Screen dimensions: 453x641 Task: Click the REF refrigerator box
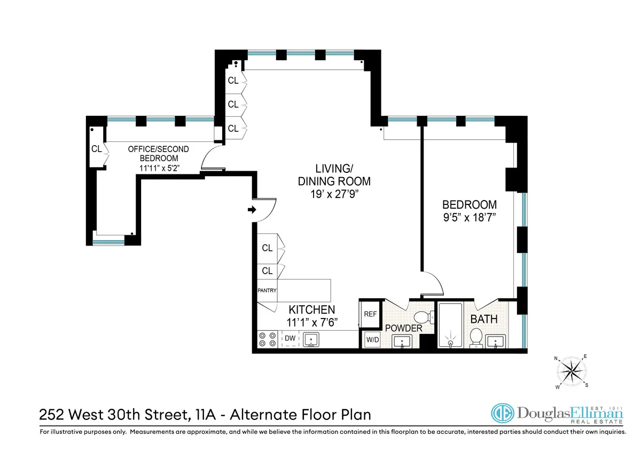[x=370, y=314]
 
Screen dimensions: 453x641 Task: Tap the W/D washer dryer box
[x=371, y=339]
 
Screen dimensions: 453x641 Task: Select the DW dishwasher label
[x=290, y=338]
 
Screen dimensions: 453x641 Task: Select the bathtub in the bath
[x=451, y=325]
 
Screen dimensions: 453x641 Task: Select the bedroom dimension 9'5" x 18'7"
[x=470, y=217]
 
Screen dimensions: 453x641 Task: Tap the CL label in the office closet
[x=97, y=149]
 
